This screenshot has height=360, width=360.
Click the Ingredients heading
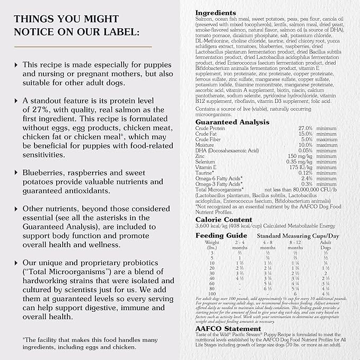[x=216, y=12]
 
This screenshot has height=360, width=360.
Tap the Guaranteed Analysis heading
[x=232, y=122]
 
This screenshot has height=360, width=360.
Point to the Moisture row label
[x=205, y=145]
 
